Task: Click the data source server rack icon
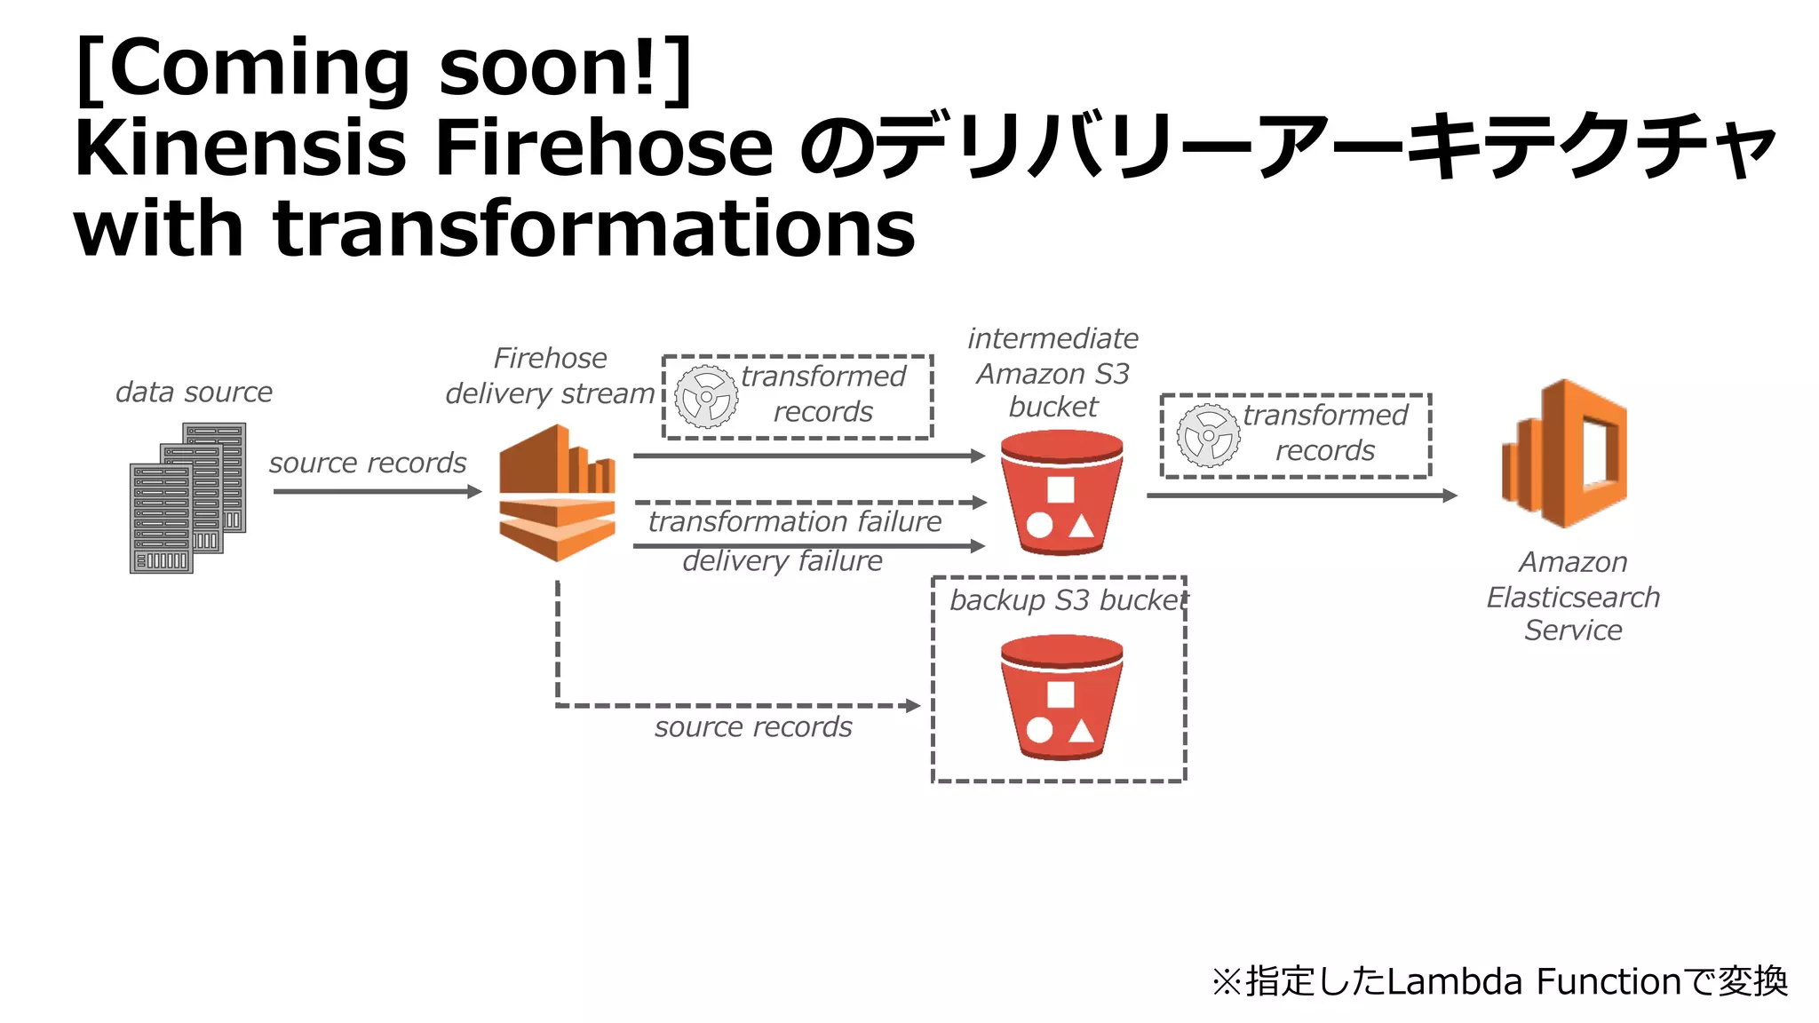tap(187, 498)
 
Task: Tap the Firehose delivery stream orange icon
tap(557, 493)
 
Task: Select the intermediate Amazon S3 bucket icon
tap(1061, 493)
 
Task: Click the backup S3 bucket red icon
tap(1061, 697)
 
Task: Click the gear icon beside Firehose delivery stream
tap(706, 397)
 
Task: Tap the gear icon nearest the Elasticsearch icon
tap(1208, 435)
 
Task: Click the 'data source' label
tap(194, 392)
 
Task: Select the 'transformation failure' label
tap(795, 521)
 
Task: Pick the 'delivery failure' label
tap(782, 560)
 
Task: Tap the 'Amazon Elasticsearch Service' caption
tap(1573, 596)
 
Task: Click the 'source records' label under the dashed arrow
tap(753, 726)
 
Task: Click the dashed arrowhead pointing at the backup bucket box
tap(913, 706)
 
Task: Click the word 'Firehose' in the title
tap(605, 147)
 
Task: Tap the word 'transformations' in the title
tap(594, 228)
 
